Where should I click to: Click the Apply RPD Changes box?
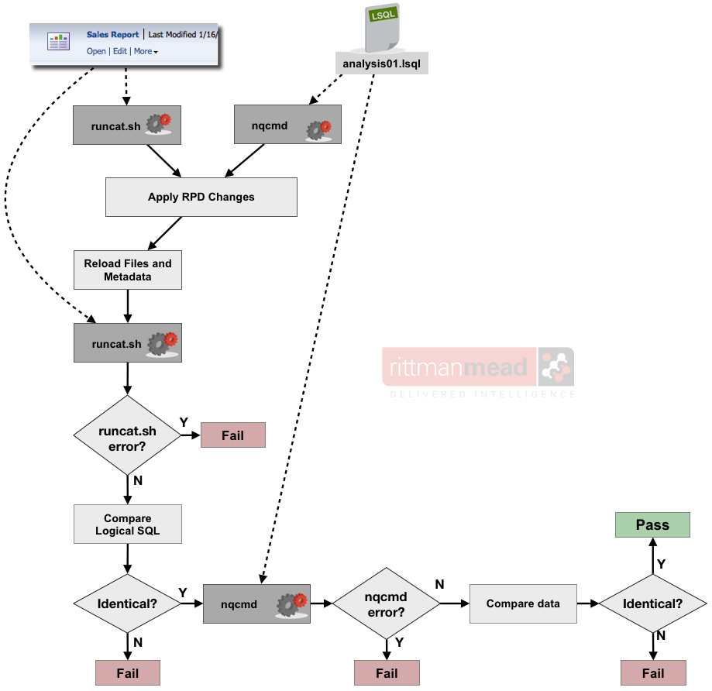[x=201, y=197]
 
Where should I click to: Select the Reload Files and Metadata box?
[x=128, y=270]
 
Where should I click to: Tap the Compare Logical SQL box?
[x=128, y=524]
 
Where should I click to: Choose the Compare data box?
[x=523, y=603]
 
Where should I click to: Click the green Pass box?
[x=652, y=525]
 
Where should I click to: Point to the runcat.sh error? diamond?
[x=128, y=435]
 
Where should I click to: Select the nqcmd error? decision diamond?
[x=387, y=603]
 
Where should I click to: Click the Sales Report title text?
[x=113, y=35]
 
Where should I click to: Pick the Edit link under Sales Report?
[x=119, y=51]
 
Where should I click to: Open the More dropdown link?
[x=145, y=51]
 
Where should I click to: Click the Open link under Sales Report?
[x=96, y=51]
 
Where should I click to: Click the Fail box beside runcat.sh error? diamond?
[x=232, y=435]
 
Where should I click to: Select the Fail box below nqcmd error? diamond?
[x=387, y=673]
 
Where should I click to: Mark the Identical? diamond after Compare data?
[x=653, y=603]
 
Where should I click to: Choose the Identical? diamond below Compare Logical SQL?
[x=128, y=603]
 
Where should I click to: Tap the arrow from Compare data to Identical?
[x=588, y=603]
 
